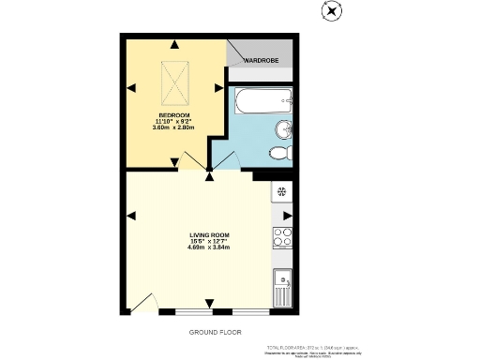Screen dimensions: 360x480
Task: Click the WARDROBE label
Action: click(x=263, y=61)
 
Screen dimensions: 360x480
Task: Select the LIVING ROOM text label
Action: click(x=208, y=235)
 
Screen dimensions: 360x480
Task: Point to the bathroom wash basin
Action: click(x=283, y=129)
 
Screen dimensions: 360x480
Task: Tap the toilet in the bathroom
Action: click(x=279, y=154)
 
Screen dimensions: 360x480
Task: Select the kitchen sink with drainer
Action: click(x=282, y=287)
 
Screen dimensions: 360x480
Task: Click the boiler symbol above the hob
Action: click(x=281, y=193)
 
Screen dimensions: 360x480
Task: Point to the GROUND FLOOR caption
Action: click(x=209, y=333)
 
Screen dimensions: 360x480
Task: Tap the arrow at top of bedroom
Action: click(x=173, y=43)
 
